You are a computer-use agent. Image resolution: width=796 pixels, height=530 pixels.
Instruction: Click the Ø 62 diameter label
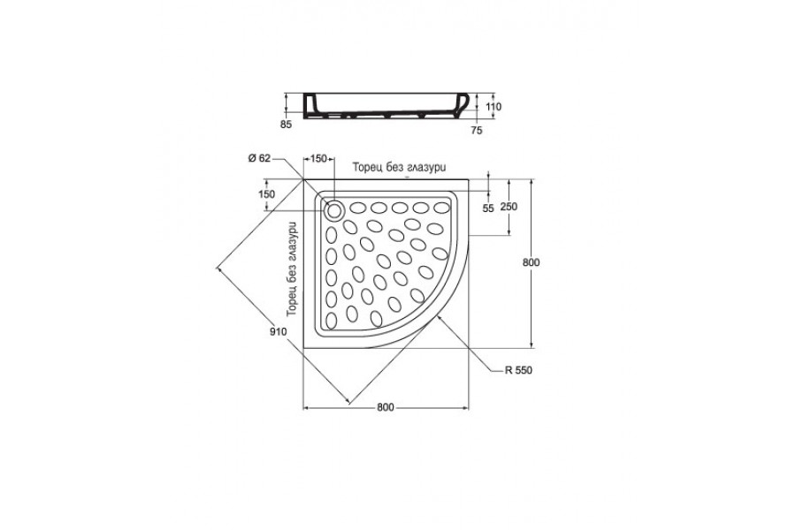click(259, 158)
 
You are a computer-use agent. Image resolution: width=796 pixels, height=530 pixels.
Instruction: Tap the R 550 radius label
click(518, 370)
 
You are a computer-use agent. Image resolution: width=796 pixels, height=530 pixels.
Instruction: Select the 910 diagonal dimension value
click(279, 332)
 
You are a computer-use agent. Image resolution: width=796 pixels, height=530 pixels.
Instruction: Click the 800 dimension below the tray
click(386, 407)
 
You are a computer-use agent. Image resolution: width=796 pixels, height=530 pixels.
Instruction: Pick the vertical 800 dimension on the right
click(531, 262)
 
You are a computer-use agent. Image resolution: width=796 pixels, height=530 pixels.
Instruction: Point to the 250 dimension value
click(509, 207)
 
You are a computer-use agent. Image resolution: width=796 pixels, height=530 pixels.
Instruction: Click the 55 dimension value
click(488, 208)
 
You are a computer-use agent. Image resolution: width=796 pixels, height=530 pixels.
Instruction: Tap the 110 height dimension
click(494, 107)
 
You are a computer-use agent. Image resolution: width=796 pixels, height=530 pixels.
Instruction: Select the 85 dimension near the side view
click(287, 125)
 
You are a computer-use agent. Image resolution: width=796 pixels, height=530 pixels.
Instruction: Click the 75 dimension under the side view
click(476, 131)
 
